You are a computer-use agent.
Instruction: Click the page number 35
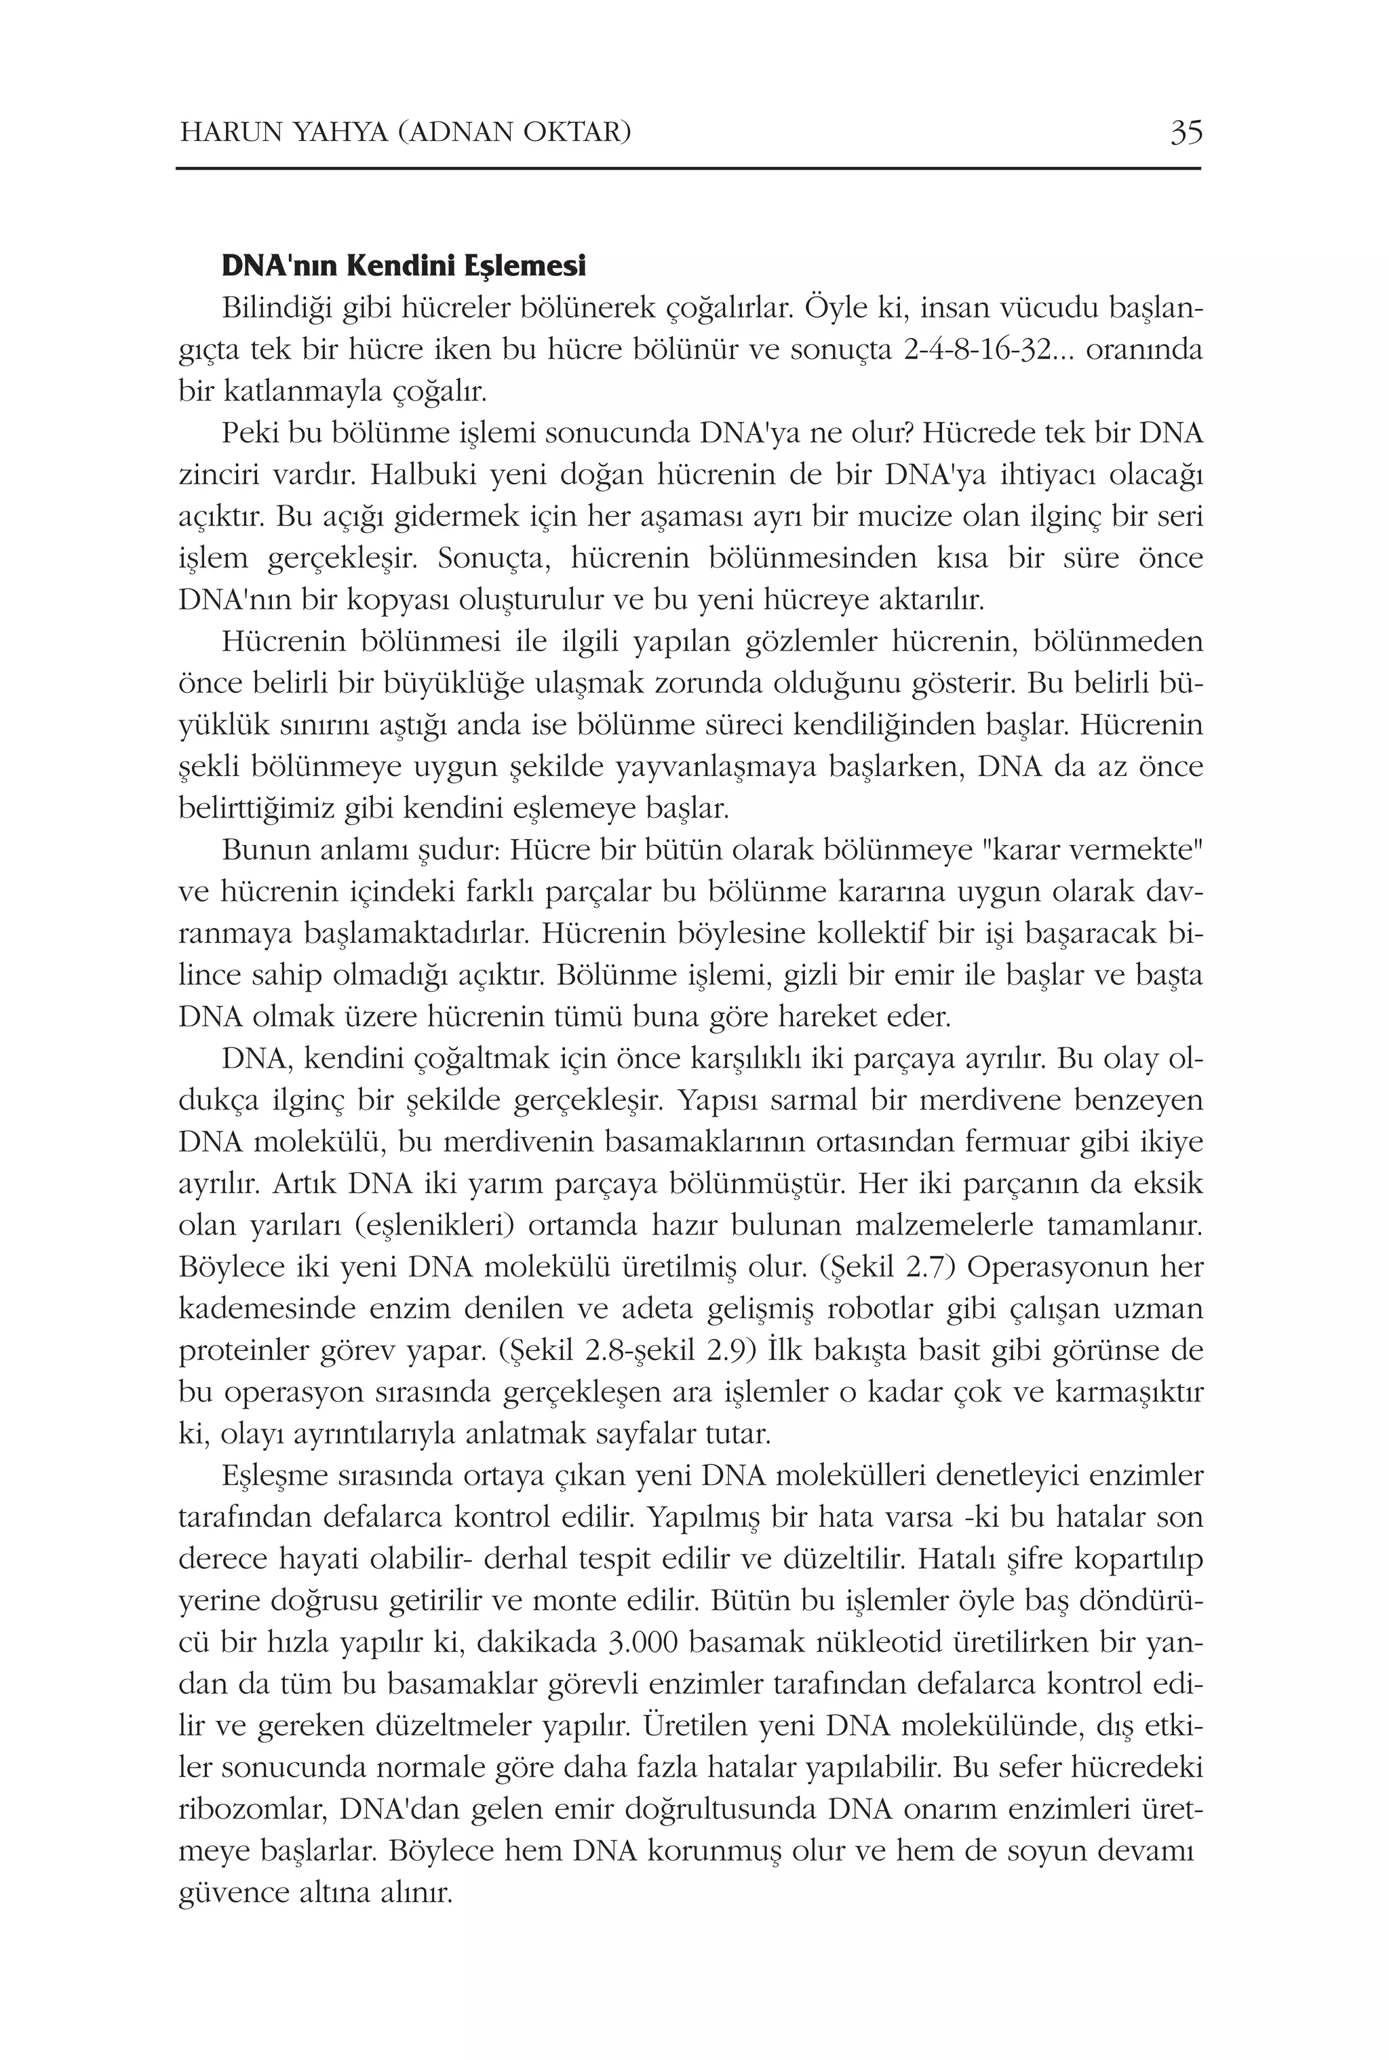(x=1186, y=133)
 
